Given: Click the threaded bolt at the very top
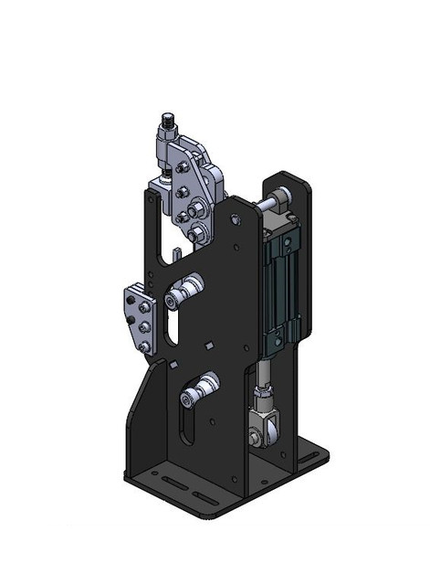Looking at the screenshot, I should point(167,120).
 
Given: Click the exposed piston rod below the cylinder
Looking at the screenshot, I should point(263,373).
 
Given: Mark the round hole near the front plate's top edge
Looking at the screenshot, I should point(236,219).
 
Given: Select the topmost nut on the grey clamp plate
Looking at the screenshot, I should point(184,167).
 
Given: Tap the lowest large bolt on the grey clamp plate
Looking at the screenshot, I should point(195,234).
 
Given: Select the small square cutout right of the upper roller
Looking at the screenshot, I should point(210,345).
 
